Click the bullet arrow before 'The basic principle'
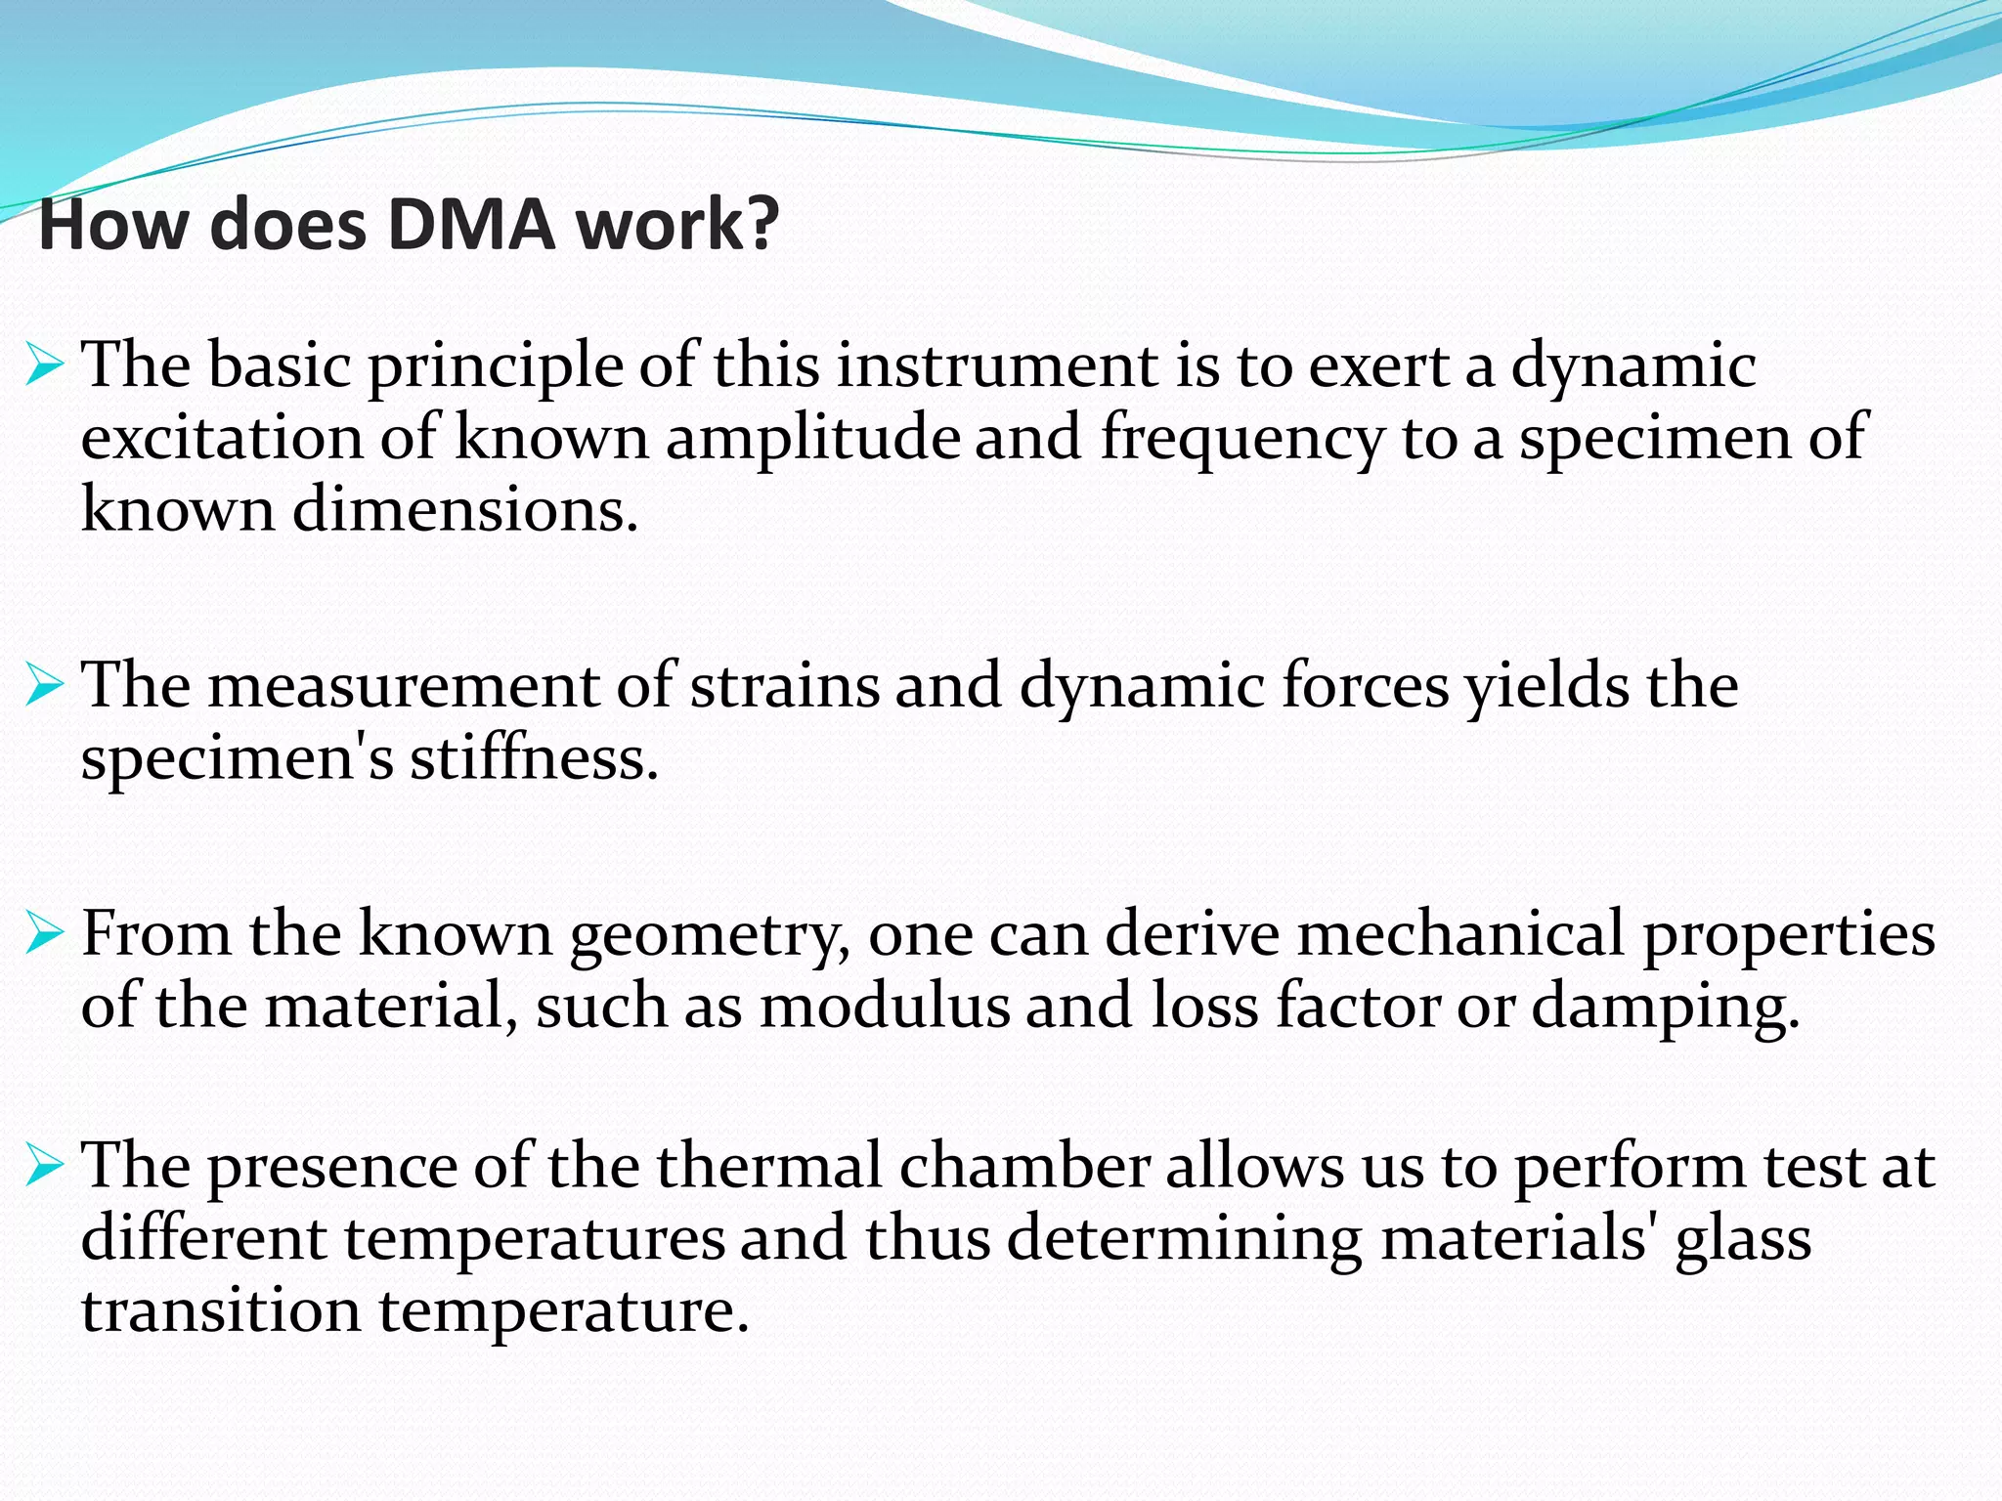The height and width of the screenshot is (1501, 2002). point(45,367)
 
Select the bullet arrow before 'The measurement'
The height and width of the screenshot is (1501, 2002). point(45,686)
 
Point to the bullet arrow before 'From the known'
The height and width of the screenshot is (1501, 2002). point(45,935)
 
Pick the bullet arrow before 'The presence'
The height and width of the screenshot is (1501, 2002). point(45,1167)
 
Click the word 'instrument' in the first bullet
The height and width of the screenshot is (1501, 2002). point(997,367)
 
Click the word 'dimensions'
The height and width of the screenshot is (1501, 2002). point(464,510)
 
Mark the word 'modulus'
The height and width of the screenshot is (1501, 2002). point(885,1008)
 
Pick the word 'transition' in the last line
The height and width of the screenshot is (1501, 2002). point(221,1310)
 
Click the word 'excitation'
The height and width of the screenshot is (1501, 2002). point(222,439)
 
